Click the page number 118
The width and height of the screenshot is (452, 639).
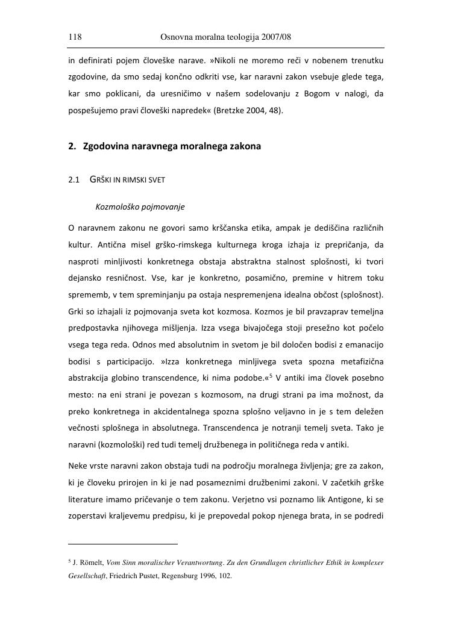point(75,37)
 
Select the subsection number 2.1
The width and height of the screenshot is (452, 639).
point(74,180)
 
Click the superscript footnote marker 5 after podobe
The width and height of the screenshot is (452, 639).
point(271,376)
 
